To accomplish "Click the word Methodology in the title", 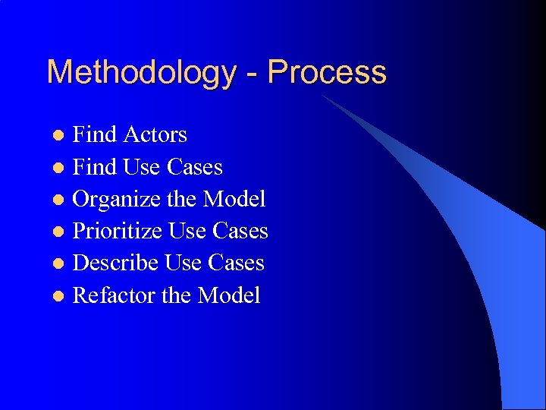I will [x=141, y=73].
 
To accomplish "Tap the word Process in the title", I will [x=327, y=73].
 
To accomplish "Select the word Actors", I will [x=155, y=134].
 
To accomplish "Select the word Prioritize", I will [x=118, y=231].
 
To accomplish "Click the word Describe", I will [x=115, y=263].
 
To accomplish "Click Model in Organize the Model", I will [x=234, y=199].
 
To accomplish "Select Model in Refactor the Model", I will [x=228, y=295].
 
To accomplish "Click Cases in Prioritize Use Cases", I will [x=240, y=231].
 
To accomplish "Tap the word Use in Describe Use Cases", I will [x=183, y=263].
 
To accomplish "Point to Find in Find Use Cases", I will [x=94, y=167].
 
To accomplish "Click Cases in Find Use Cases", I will [x=195, y=167].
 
